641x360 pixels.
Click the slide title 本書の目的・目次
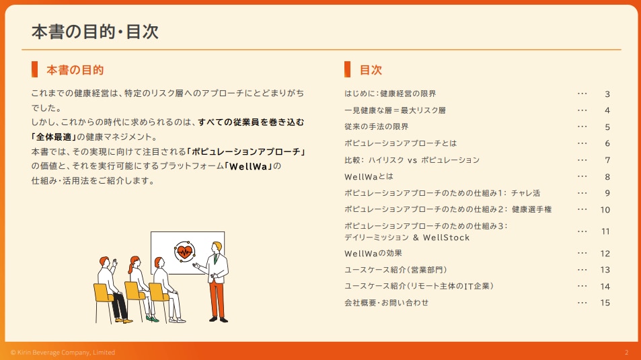click(x=95, y=32)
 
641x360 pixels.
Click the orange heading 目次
click(x=371, y=70)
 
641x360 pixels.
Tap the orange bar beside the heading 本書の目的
click(x=34, y=69)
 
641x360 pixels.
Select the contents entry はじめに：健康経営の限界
click(x=390, y=94)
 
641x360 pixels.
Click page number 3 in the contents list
click(x=607, y=94)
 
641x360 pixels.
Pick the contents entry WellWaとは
click(x=369, y=177)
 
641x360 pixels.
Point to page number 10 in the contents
click(x=605, y=210)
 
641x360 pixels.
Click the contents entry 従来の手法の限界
click(x=377, y=127)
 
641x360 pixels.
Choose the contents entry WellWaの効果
click(x=373, y=254)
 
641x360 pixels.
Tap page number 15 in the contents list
click(x=605, y=303)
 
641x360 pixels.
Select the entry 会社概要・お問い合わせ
click(x=386, y=303)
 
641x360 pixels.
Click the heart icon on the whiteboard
click(x=184, y=252)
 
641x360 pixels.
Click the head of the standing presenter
click(x=217, y=248)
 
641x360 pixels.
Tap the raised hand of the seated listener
click(x=115, y=262)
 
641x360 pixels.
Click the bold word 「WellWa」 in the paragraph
click(x=248, y=166)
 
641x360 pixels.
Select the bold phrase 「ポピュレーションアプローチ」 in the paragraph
click(x=246, y=152)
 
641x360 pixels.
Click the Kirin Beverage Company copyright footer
click(x=63, y=352)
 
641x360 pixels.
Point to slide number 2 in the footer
click(x=627, y=352)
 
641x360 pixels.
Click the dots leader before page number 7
click(x=582, y=160)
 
